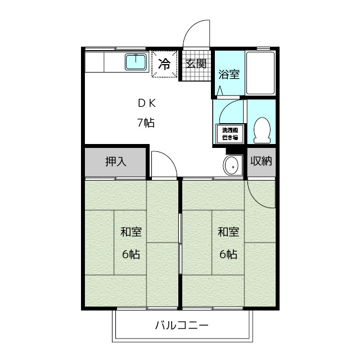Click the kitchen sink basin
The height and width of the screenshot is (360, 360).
pyautogui.click(x=136, y=62)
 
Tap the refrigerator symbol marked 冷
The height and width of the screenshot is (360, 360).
pyautogui.click(x=164, y=64)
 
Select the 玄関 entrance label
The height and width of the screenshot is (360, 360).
pyautogui.click(x=196, y=63)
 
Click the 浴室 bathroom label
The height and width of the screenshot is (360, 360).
pyautogui.click(x=229, y=74)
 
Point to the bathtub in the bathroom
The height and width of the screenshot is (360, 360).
pyautogui.click(x=260, y=74)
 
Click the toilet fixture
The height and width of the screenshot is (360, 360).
pyautogui.click(x=262, y=130)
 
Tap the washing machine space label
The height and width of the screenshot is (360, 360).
pyautogui.click(x=229, y=133)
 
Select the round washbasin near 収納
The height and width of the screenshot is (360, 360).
pyautogui.click(x=231, y=166)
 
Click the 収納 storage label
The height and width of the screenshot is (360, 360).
pyautogui.click(x=262, y=161)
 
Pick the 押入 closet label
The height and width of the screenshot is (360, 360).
pyautogui.click(x=116, y=161)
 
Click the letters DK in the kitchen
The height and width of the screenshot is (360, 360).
pyautogui.click(x=147, y=103)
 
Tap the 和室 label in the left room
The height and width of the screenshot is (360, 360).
pyautogui.click(x=131, y=231)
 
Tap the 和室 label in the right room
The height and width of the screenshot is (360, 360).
pyautogui.click(x=228, y=231)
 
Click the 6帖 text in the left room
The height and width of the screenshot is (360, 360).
pyautogui.click(x=131, y=254)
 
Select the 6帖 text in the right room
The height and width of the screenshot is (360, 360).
pyautogui.click(x=228, y=254)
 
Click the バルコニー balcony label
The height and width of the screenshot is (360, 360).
pyautogui.click(x=182, y=325)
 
